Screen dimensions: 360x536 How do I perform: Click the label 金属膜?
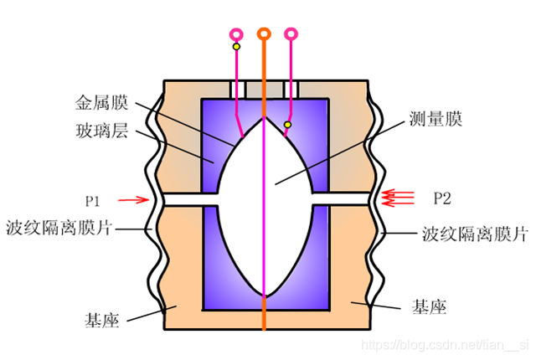tap(101, 104)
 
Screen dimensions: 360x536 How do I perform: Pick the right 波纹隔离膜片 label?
tap(475, 233)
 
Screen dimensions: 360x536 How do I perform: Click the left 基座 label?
tap(100, 319)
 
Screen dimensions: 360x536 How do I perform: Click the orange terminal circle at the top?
tap(264, 33)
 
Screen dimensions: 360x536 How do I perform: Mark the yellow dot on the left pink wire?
tap(236, 47)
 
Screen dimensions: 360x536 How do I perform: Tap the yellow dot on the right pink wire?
tap(287, 125)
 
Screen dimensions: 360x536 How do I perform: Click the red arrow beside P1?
tap(131, 199)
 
